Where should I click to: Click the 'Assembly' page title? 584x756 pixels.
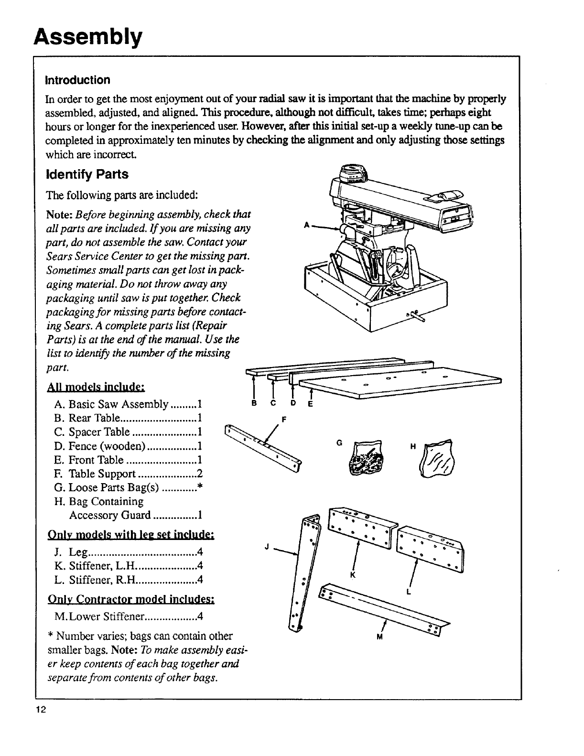click(x=88, y=36)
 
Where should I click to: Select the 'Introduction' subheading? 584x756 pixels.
click(x=77, y=79)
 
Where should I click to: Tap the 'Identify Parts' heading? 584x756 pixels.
click(x=87, y=174)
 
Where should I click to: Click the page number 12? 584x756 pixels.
click(x=41, y=709)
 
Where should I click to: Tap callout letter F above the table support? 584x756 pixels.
click(x=284, y=420)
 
